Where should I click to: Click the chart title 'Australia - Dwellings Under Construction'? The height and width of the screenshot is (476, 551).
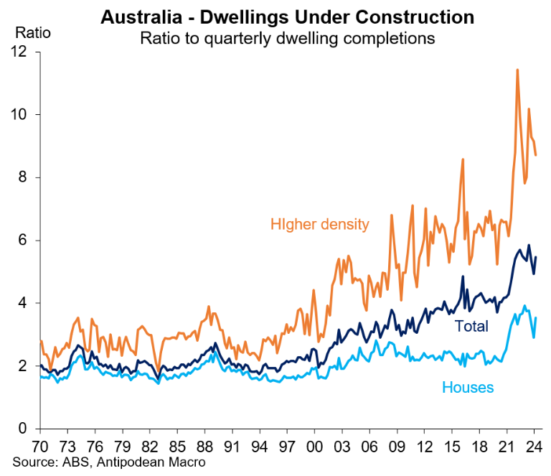point(287,16)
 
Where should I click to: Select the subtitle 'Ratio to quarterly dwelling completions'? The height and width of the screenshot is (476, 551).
point(287,38)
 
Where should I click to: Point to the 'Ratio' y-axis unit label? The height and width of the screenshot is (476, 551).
point(29,33)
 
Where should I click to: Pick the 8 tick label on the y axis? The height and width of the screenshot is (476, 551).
point(23,177)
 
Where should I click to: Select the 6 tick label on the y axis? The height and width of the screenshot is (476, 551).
point(23,241)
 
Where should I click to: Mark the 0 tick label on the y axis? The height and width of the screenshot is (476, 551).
point(23,429)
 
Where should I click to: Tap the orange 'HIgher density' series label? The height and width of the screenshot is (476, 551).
point(319,224)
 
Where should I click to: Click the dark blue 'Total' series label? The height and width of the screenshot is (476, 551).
point(471,327)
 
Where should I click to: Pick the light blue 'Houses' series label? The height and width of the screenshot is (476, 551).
point(468,388)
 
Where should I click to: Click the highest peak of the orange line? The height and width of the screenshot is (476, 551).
point(517,70)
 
